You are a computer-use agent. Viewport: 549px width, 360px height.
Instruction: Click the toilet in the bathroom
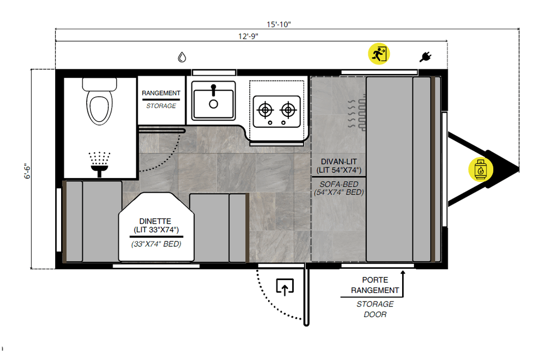pos(100,102)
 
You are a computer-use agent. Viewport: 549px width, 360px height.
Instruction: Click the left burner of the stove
pos(264,111)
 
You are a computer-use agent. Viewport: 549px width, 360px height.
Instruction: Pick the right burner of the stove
pos(288,111)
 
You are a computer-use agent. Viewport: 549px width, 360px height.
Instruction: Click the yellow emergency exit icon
pos(379,54)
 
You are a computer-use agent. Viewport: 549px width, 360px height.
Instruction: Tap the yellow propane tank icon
pos(481,170)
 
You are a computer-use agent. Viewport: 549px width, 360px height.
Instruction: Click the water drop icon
pos(182,57)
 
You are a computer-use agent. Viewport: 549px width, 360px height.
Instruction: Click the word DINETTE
pos(155,221)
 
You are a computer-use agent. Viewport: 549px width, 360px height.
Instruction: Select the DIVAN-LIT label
pos(339,161)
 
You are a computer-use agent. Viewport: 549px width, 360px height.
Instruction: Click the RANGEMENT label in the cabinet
pos(161,93)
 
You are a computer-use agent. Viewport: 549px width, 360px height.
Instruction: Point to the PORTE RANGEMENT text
pos(375,285)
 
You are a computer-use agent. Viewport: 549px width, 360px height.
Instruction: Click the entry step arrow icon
pos(285,288)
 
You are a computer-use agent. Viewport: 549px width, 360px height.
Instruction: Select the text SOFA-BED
pos(339,183)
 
